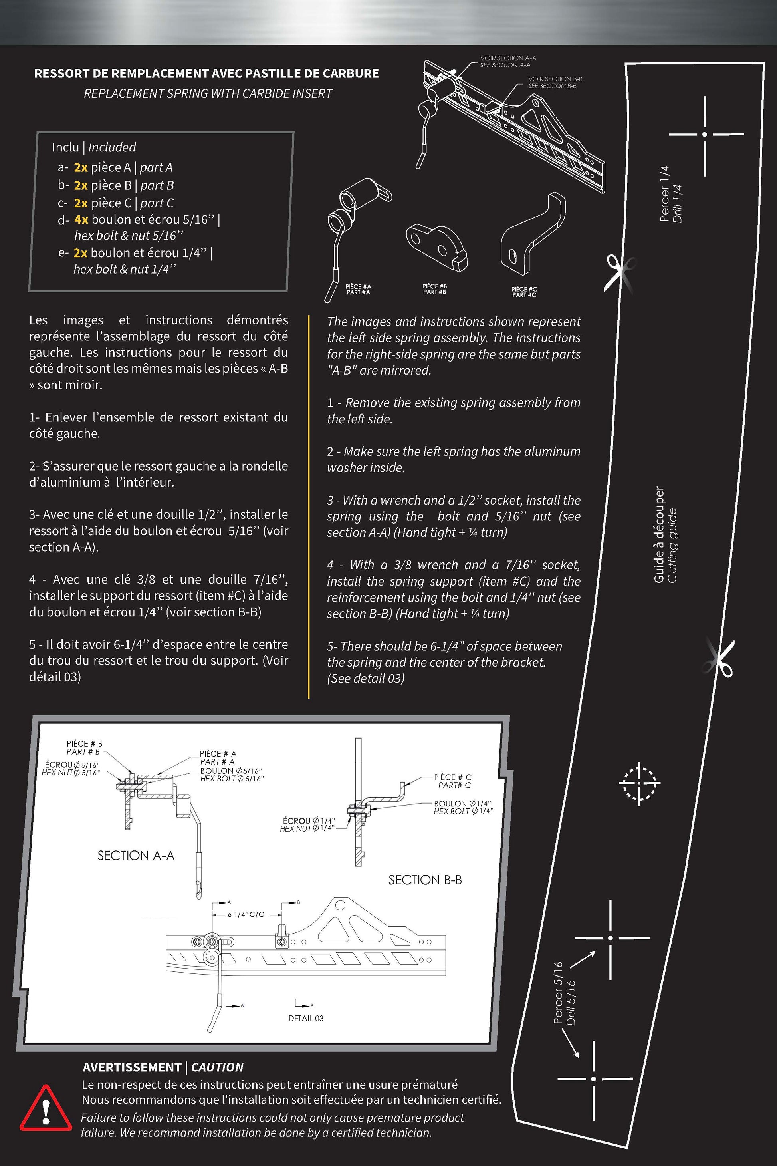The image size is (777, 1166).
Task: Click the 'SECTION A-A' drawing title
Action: coord(136,856)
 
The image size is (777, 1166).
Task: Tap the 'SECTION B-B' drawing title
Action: coord(425,880)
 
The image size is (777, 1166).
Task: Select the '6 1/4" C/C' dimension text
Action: coord(246,915)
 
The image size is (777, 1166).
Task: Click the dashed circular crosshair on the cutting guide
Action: coord(639,783)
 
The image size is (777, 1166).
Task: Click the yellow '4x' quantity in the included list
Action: coord(81,219)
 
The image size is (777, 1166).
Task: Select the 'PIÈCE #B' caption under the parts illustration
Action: coord(434,286)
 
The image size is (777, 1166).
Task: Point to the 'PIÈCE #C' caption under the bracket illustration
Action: coord(524,289)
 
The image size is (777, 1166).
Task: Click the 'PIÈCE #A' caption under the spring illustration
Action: coord(358,286)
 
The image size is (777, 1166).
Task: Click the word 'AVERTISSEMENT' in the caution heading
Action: coord(132,1067)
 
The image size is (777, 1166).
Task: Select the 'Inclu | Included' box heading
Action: coord(94,147)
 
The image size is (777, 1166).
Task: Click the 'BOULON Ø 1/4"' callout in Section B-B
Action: coord(462,804)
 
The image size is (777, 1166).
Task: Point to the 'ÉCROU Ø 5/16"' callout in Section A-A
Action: coord(72,765)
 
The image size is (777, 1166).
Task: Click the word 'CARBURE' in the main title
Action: coord(350,73)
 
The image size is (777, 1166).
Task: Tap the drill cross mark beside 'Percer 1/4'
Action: coord(704,134)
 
